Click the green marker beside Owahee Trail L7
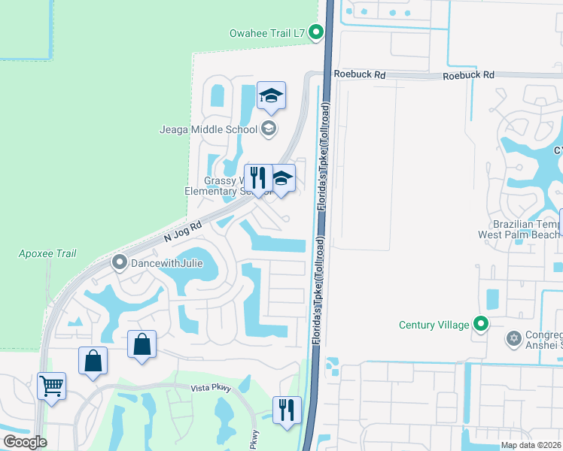pos(317,32)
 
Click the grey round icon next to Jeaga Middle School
pos(268,129)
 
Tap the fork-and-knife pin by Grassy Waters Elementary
pos(258,179)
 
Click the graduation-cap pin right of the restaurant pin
pos(281,180)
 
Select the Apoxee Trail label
pos(48,253)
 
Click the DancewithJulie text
pos(167,263)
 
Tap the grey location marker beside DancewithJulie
pos(119,263)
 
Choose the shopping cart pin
pos(51,387)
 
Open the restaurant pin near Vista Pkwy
pos(287,410)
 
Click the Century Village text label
pos(434,325)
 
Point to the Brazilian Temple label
pos(520,229)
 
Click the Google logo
pos(25,442)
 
